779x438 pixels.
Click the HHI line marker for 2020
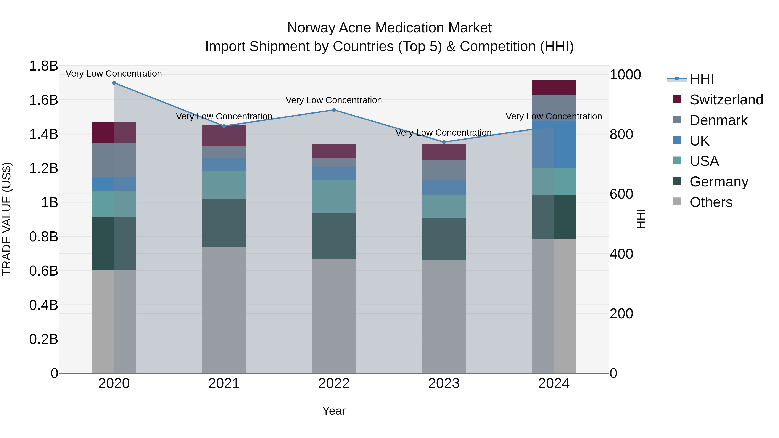tap(114, 83)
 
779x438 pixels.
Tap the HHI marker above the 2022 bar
tap(334, 110)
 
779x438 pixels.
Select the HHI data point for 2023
tap(444, 142)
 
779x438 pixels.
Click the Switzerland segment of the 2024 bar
tap(554, 88)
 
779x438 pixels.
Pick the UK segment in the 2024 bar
tap(554, 144)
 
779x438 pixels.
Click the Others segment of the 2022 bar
tap(334, 316)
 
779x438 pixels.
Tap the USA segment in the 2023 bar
tap(444, 207)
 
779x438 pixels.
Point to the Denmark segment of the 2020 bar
tap(114, 160)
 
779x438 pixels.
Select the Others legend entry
tap(711, 202)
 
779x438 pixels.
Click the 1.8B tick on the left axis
tap(43, 66)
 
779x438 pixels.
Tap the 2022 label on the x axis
tap(334, 383)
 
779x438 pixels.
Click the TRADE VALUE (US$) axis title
tap(7, 219)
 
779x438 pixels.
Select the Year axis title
tap(334, 411)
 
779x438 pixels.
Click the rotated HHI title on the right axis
tap(641, 219)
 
